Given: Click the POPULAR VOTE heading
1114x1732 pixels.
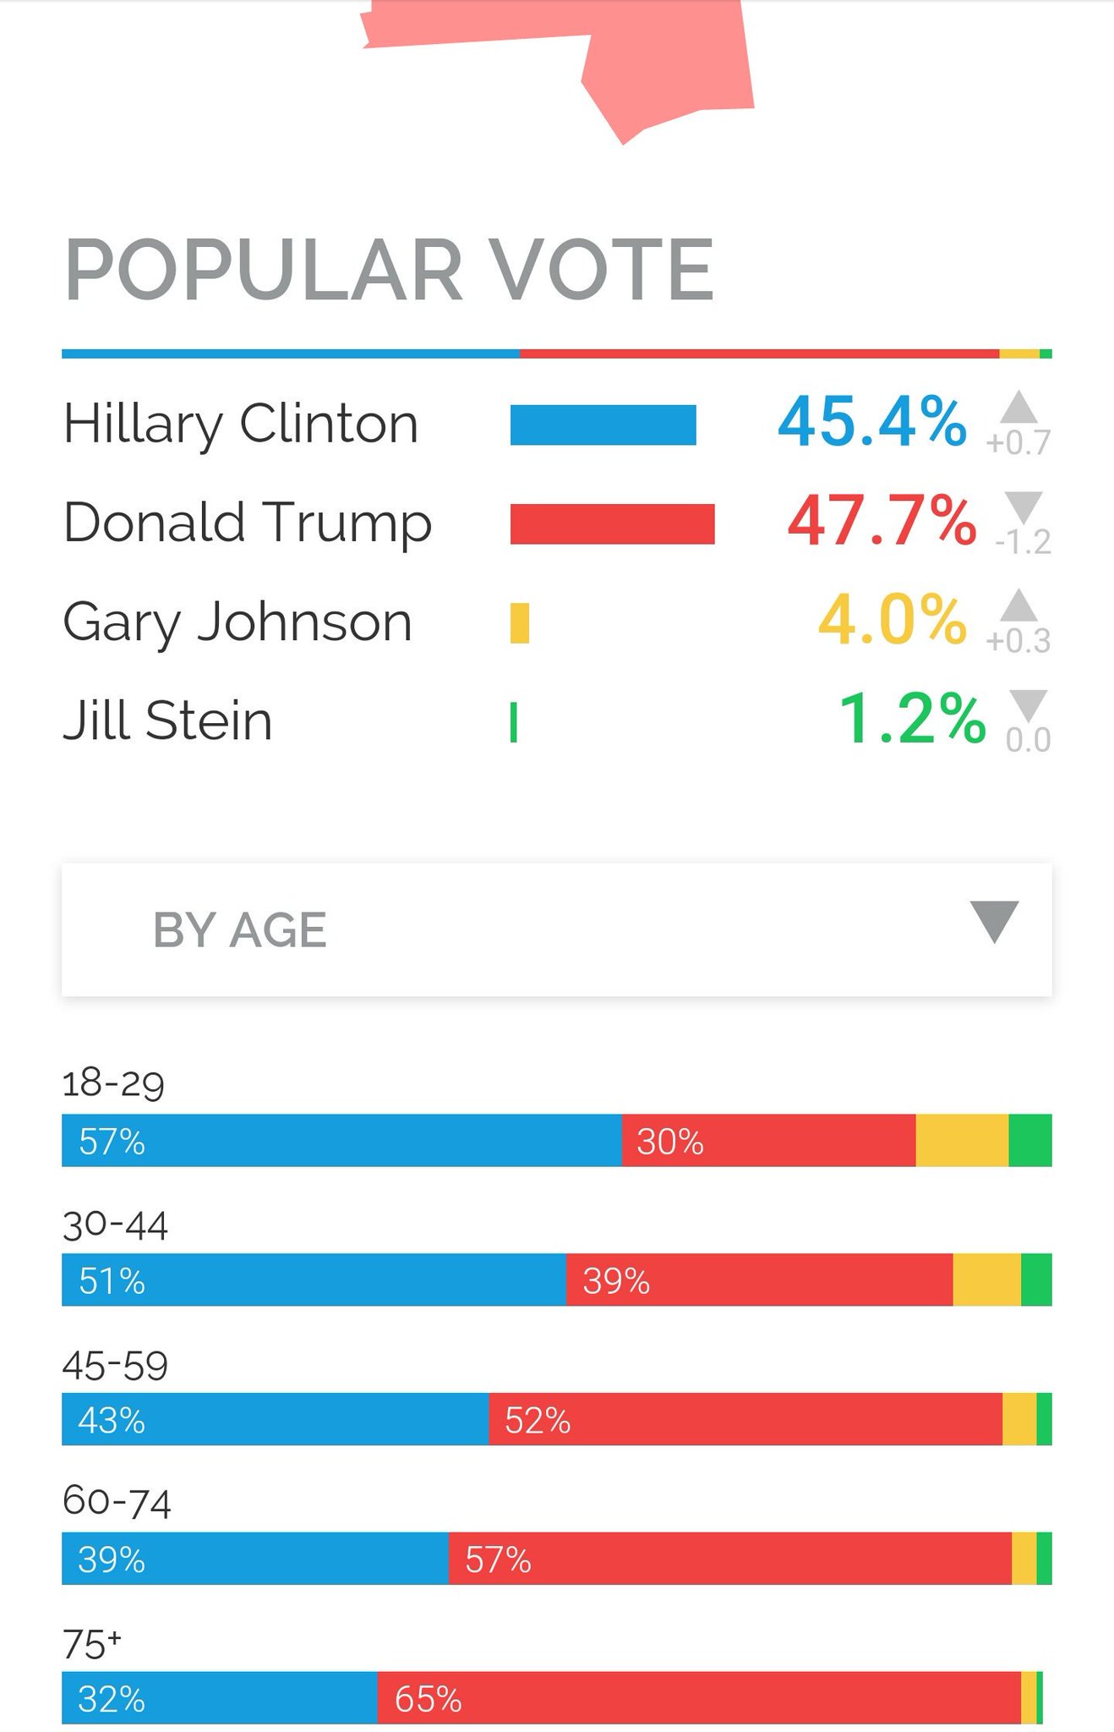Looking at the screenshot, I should click(x=390, y=271).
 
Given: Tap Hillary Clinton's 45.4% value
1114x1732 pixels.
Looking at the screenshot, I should click(x=871, y=422).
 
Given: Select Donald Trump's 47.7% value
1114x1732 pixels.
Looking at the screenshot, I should click(x=882, y=521).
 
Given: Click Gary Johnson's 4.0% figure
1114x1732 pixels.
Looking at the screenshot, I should click(x=892, y=621).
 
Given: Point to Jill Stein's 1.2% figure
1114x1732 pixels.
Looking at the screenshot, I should click(x=911, y=720).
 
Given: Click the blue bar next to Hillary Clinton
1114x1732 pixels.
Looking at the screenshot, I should click(x=603, y=425).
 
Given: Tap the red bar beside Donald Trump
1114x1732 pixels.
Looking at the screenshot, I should click(x=612, y=523).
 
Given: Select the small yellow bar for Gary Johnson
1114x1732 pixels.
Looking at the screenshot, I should click(x=520, y=623).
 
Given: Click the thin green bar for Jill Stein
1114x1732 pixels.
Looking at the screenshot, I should click(x=514, y=722).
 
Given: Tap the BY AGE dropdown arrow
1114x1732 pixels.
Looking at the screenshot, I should click(x=994, y=920).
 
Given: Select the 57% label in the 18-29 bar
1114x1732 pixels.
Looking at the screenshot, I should click(x=112, y=1142).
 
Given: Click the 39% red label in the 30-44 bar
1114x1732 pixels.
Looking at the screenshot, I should click(x=616, y=1281).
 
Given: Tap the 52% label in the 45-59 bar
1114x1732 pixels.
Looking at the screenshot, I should click(x=538, y=1421).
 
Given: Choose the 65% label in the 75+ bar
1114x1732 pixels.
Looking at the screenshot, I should click(x=428, y=1699).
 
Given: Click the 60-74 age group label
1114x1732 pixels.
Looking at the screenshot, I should click(x=117, y=1503).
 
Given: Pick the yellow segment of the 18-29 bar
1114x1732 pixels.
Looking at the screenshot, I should click(x=962, y=1141).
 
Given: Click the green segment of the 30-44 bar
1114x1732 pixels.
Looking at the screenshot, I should click(x=1036, y=1280).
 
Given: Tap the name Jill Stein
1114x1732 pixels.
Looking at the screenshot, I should click(x=167, y=721).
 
